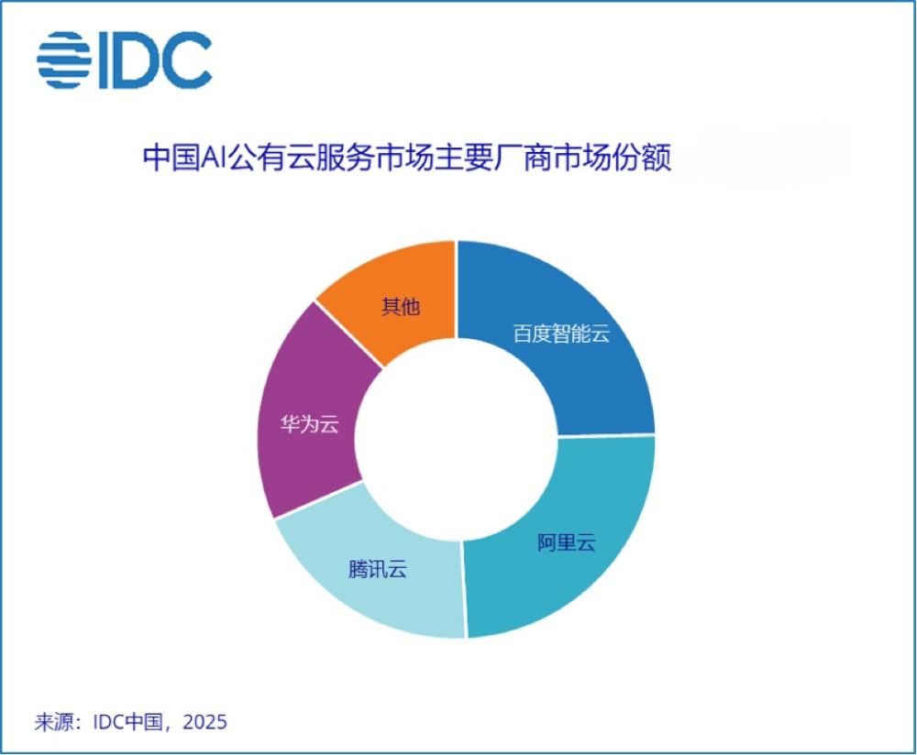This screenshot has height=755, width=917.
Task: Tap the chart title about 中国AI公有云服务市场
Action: click(406, 158)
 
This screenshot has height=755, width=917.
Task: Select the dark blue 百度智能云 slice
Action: click(587, 302)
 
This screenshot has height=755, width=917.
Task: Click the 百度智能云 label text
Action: click(561, 334)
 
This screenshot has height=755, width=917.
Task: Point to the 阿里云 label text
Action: click(566, 542)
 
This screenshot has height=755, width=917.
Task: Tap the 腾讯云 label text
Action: click(377, 569)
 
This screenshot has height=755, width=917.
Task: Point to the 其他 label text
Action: click(400, 306)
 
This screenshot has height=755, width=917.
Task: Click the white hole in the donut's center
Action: click(457, 438)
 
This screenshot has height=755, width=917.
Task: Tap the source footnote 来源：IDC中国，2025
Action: click(130, 721)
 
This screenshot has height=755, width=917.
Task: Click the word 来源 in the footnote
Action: click(54, 721)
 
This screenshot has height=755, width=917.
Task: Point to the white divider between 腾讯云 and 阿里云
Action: click(463, 586)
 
